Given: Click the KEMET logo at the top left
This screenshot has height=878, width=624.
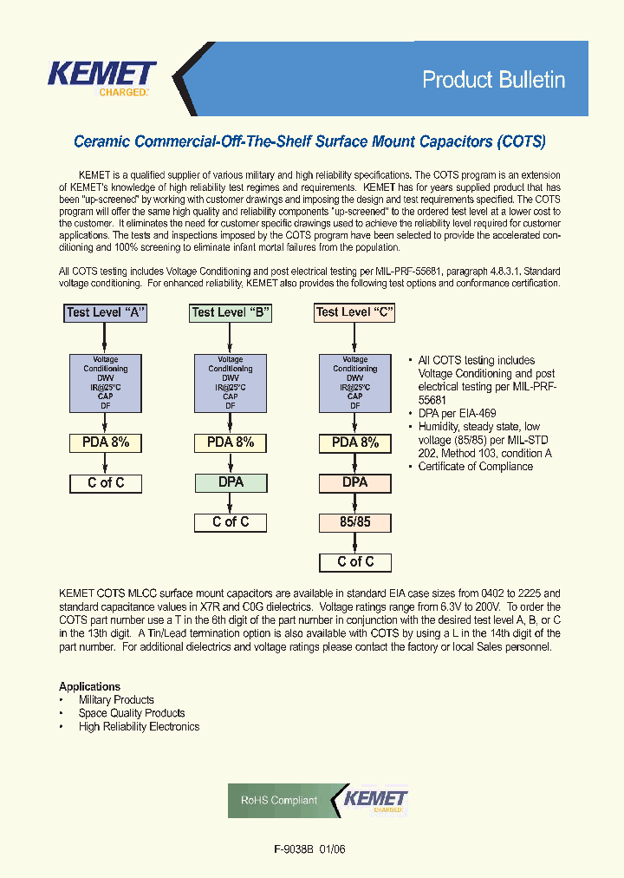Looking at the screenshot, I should (101, 76).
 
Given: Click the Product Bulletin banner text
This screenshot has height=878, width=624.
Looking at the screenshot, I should (493, 80).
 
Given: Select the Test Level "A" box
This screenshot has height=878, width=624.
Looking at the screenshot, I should (106, 312).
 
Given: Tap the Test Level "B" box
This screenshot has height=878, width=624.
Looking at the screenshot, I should (231, 312).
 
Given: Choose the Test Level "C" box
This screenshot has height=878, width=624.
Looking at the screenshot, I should (354, 312).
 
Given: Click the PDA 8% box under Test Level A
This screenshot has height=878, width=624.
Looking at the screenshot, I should (106, 442).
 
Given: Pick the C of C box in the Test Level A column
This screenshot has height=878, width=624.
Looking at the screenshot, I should (106, 483).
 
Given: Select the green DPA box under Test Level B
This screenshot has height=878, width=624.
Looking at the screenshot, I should (231, 482).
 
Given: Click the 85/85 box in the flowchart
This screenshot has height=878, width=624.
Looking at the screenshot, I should (354, 523).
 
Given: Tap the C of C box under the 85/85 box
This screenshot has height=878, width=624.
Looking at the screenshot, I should (355, 562).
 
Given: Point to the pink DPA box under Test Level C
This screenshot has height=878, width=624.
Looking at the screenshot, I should (354, 482).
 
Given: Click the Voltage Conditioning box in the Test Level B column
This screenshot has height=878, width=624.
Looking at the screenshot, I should (231, 383).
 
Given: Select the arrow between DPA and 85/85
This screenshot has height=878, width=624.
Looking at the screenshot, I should (354, 503).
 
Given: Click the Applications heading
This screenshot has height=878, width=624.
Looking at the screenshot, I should (89, 686).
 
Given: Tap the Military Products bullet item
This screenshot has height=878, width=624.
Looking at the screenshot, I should (116, 700).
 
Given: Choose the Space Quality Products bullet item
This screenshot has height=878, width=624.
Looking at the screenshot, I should (132, 713).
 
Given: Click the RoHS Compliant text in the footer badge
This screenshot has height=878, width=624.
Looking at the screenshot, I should (279, 801).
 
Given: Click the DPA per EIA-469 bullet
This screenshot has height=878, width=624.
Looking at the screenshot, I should (457, 414).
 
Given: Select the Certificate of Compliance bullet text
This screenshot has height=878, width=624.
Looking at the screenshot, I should (476, 467).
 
